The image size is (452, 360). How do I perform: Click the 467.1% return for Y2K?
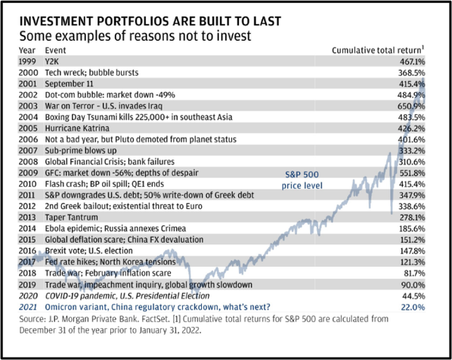pos(412,61)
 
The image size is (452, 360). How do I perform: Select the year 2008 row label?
pos(28,162)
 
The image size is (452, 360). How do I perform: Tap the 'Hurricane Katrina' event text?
pos(77,128)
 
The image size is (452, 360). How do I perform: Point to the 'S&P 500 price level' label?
pos(302,180)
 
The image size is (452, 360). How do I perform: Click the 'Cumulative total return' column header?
pos(378,50)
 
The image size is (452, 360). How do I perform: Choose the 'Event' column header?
pos(55,50)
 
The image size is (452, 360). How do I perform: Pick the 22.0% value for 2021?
pos(413,307)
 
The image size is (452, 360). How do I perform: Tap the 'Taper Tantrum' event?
pos(71,217)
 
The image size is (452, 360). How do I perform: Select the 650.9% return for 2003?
pos(411,106)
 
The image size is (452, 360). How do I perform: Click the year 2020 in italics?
pos(28,296)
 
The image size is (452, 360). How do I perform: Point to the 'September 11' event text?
pos(70,84)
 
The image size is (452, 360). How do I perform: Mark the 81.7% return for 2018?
pos(413,273)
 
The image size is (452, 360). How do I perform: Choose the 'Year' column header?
pos(27,50)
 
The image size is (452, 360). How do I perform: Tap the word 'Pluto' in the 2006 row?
pos(124,139)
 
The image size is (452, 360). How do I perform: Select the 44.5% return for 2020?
pos(413,296)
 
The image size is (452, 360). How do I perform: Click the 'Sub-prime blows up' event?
pos(81,151)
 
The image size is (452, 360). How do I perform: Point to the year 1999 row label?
pos(27,61)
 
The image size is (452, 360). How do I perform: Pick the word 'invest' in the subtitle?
pos(234,36)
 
